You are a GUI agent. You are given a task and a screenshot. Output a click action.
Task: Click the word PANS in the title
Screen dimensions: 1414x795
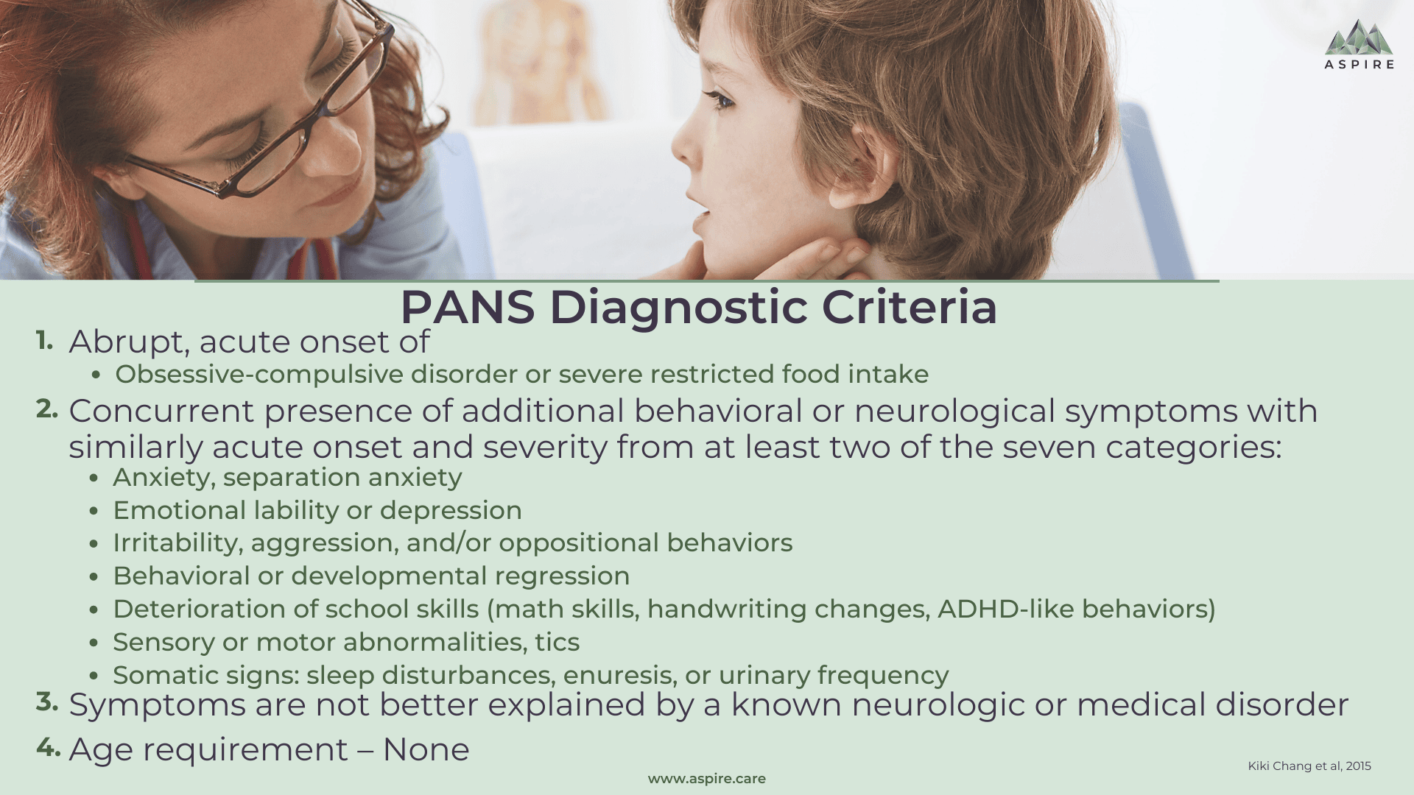pos(468,307)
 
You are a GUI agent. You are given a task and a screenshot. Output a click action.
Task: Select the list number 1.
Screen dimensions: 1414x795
pos(45,340)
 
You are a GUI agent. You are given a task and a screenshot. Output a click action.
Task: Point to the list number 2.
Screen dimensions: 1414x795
pos(47,409)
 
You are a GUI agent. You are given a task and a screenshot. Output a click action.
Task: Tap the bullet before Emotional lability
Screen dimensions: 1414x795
pos(94,511)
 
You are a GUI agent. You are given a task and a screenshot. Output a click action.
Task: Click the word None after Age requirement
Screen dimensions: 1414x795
pos(426,749)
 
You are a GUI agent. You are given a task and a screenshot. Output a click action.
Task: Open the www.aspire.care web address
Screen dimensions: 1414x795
pos(707,779)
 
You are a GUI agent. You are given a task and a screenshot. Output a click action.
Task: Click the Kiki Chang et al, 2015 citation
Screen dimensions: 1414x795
pos(1309,766)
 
